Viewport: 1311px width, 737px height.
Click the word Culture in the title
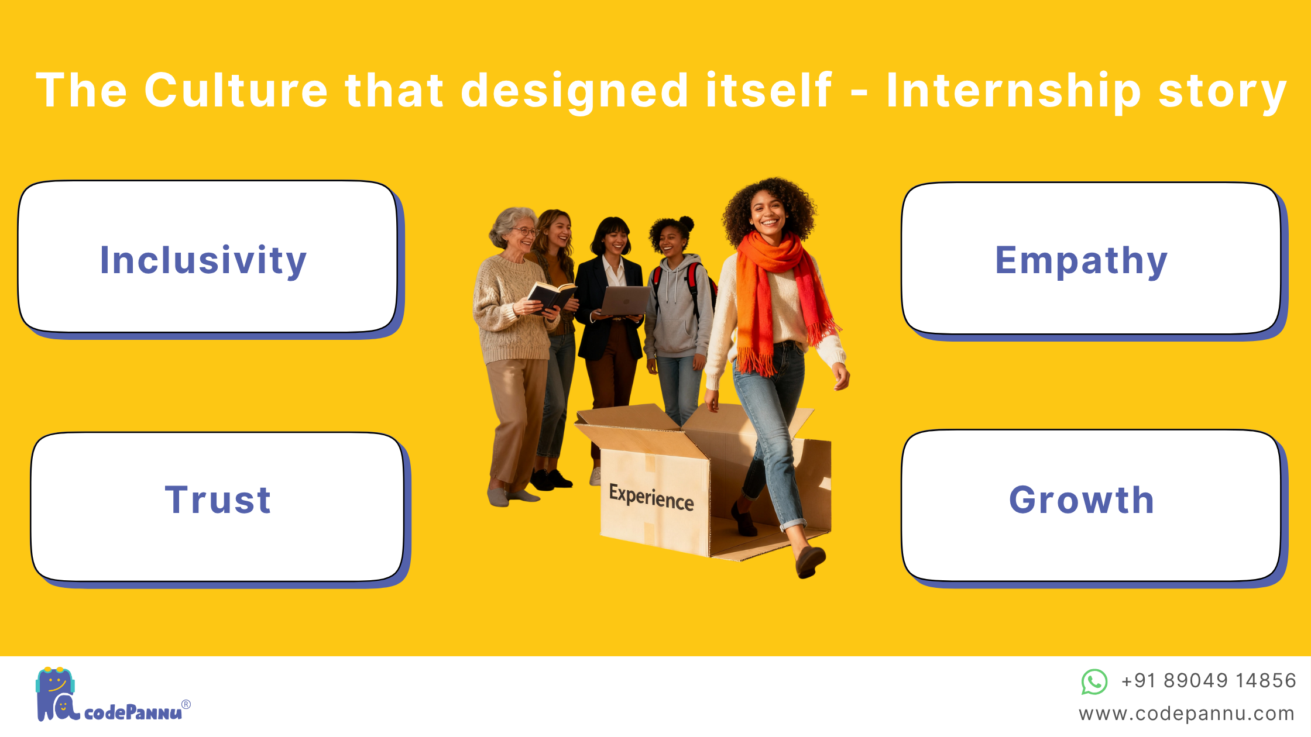coord(236,90)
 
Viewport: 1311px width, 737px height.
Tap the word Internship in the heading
coord(1014,91)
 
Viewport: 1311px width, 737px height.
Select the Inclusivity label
coord(203,260)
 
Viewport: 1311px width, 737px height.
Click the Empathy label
coord(1082,260)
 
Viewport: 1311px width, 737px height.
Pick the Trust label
coord(218,500)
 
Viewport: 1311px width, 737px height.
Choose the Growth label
coord(1082,500)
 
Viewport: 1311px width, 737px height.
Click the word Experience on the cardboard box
coord(651,497)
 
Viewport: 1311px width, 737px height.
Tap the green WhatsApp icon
coord(1094,682)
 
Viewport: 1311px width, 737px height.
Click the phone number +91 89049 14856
coord(1209,681)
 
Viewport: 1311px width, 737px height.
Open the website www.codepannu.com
coord(1186,714)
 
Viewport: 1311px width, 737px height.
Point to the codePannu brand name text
coord(133,712)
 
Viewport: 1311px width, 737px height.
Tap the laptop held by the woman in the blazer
coord(624,301)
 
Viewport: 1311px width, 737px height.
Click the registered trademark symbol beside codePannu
coord(186,704)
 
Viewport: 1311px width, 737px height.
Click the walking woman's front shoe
coord(810,561)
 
